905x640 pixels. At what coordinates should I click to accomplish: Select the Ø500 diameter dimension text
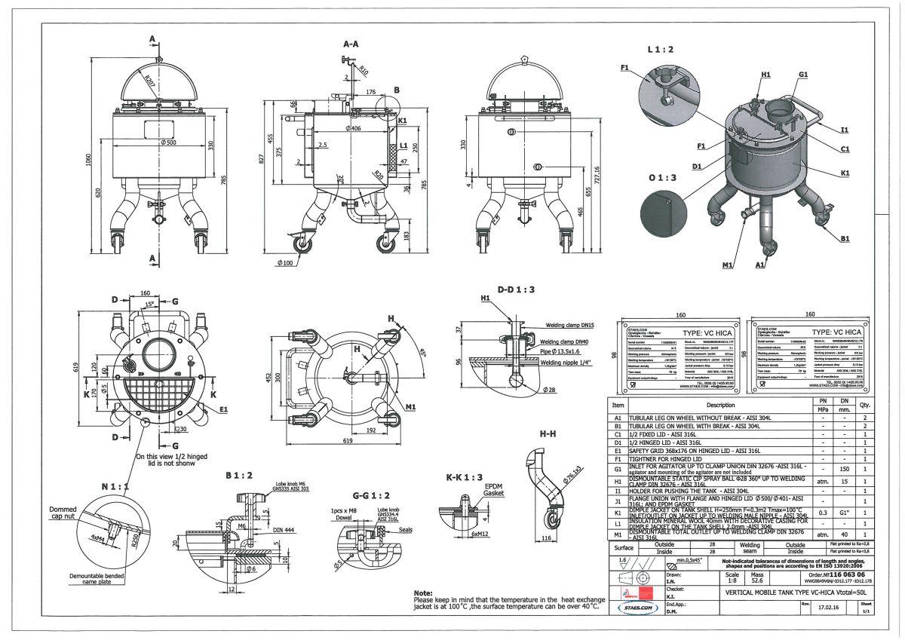click(x=168, y=142)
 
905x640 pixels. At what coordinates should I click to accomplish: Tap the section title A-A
click(x=351, y=44)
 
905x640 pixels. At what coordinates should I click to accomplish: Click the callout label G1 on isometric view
click(x=803, y=75)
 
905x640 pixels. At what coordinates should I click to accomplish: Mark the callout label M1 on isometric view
click(x=727, y=265)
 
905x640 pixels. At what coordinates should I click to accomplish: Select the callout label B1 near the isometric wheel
click(x=845, y=239)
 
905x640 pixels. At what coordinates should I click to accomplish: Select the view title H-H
click(x=548, y=434)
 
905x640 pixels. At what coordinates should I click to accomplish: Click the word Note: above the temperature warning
click(x=423, y=593)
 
